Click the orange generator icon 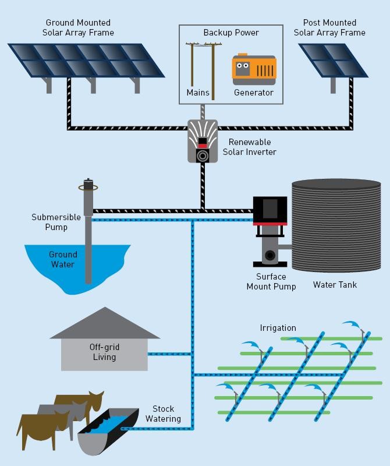(254, 68)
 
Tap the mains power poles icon (200, 64)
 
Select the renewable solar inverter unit (203, 140)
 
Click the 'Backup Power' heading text (231, 33)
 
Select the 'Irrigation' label (278, 328)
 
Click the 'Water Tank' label (335, 285)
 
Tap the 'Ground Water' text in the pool (62, 259)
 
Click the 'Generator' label (253, 93)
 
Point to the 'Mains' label (198, 93)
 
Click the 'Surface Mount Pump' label (271, 281)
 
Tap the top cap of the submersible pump (88, 183)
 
